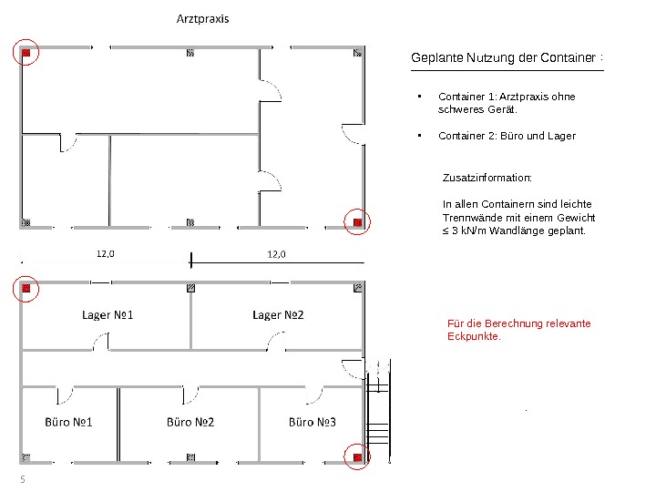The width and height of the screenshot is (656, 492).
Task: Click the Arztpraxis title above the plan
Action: (x=202, y=19)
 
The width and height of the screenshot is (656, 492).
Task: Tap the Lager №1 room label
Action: (x=108, y=315)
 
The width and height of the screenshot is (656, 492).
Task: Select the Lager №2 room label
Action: (x=278, y=315)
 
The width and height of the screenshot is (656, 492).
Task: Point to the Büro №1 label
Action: (x=69, y=422)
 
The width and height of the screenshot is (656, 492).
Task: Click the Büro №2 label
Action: (x=190, y=422)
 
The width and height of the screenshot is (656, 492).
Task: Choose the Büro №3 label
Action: (x=313, y=422)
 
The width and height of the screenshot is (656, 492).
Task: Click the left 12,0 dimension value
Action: (x=107, y=254)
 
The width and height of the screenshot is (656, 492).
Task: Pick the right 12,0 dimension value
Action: (x=276, y=254)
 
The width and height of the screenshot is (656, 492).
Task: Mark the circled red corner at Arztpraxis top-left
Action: (x=26, y=53)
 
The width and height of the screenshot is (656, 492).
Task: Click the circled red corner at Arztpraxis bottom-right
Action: (x=357, y=221)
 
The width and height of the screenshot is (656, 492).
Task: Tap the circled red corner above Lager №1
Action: (x=26, y=288)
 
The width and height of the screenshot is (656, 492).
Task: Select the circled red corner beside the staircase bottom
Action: (x=357, y=456)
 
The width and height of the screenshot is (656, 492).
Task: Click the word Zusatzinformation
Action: (x=487, y=178)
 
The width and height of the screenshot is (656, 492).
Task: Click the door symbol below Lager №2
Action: (x=274, y=342)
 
